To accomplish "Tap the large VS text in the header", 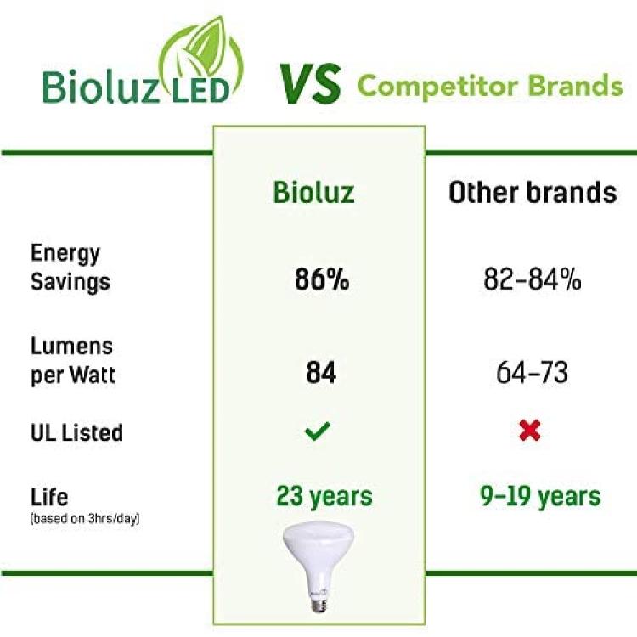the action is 310,84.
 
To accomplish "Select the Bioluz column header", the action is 313,192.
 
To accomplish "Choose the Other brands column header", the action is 533,192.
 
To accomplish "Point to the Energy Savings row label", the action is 70,268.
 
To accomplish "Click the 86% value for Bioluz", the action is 322,279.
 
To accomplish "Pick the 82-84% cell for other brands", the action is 533,279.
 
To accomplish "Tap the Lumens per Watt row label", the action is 73,360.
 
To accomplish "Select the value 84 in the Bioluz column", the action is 321,373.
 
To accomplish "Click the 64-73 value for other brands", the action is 532,373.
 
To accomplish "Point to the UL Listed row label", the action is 76,432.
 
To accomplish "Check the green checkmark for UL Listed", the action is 318,431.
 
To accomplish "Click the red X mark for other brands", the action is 530,431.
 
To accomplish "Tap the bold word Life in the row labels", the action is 49,497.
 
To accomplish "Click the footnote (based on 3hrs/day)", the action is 85,519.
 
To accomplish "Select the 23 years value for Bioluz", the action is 324,497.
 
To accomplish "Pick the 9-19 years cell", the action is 540,497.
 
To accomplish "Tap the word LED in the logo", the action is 200,91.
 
